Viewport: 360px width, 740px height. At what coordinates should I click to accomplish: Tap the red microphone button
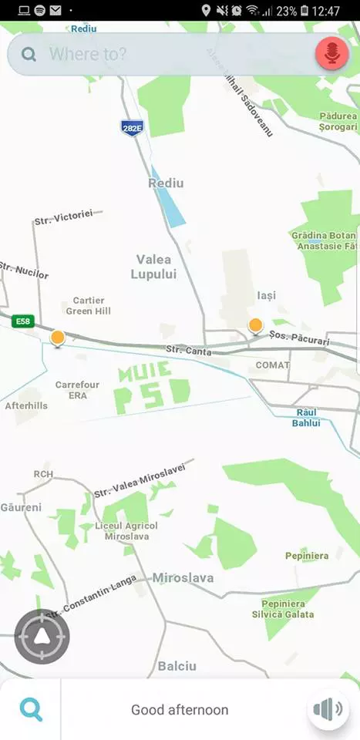tap(332, 54)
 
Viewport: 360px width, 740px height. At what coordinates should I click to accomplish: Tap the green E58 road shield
tap(23, 321)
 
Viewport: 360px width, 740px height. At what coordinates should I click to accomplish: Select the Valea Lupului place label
tap(153, 267)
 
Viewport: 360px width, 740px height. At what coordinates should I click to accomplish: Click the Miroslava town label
tap(183, 577)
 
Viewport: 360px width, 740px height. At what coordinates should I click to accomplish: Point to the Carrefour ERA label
tap(77, 389)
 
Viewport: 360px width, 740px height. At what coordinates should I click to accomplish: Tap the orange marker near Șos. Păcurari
tap(255, 325)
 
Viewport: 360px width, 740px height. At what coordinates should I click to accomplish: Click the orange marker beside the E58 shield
tap(57, 338)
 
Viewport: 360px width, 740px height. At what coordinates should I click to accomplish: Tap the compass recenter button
tap(42, 637)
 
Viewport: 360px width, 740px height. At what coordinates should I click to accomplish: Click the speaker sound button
tap(328, 709)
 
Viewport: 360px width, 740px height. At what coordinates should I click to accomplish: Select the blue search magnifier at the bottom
tap(31, 709)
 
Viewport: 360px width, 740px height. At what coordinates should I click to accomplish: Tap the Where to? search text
tap(88, 54)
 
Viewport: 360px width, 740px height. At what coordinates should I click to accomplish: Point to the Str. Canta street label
tap(188, 351)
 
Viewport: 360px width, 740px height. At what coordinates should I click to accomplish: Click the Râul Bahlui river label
tap(306, 417)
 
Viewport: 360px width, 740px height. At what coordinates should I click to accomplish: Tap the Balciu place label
tap(177, 666)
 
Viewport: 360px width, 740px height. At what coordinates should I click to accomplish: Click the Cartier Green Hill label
tap(88, 305)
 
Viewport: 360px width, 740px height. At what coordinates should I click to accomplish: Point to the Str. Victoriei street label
tap(63, 217)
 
